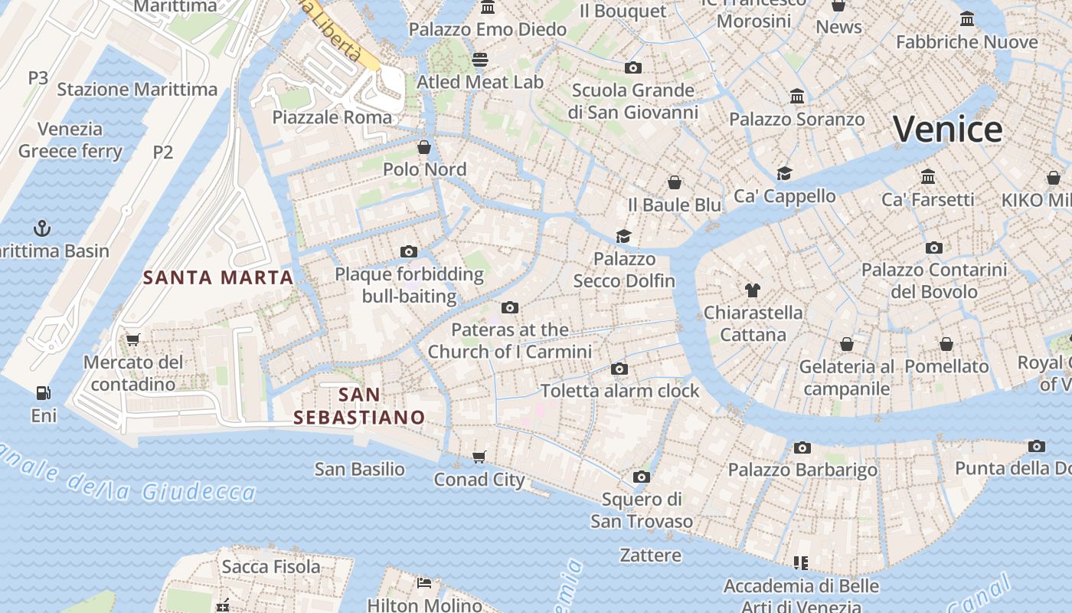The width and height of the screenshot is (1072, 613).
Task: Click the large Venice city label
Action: pyautogui.click(x=948, y=129)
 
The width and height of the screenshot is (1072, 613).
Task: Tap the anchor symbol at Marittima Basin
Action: pyautogui.click(x=43, y=228)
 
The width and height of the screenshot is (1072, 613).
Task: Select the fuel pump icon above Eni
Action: pyautogui.click(x=44, y=393)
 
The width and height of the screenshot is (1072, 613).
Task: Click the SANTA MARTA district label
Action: pyautogui.click(x=218, y=277)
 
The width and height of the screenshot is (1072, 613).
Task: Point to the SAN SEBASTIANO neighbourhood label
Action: pyautogui.click(x=359, y=406)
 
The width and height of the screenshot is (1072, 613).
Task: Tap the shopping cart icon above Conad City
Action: pyautogui.click(x=479, y=457)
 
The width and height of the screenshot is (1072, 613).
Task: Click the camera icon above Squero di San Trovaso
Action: pyautogui.click(x=642, y=477)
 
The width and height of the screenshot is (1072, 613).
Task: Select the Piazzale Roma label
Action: pyautogui.click(x=332, y=117)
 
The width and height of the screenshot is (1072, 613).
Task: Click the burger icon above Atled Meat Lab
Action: pyautogui.click(x=480, y=59)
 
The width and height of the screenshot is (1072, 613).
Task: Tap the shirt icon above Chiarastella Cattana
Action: pyautogui.click(x=753, y=290)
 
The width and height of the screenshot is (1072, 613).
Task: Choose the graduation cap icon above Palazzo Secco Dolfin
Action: pyautogui.click(x=624, y=236)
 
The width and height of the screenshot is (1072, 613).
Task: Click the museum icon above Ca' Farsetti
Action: pyautogui.click(x=928, y=177)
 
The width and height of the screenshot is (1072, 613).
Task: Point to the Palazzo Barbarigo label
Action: pyautogui.click(x=802, y=470)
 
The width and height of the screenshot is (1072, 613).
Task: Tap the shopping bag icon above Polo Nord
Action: pyautogui.click(x=424, y=147)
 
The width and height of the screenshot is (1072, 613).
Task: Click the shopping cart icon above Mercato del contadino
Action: pyautogui.click(x=132, y=339)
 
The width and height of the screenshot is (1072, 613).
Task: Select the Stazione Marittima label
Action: pyautogui.click(x=137, y=89)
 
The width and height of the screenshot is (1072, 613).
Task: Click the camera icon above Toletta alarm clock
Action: pyautogui.click(x=619, y=369)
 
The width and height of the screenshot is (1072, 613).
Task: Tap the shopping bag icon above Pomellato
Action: pyautogui.click(x=946, y=344)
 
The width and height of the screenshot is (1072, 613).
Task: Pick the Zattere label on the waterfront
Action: pyautogui.click(x=650, y=555)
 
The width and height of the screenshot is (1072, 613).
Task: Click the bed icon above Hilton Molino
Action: pyautogui.click(x=424, y=583)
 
